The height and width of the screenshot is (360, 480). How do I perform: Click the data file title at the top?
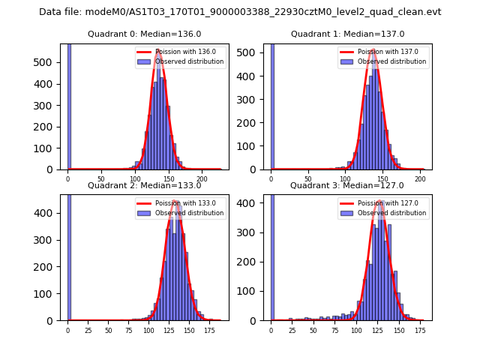240,12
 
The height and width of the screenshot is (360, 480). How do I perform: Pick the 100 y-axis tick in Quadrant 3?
253,291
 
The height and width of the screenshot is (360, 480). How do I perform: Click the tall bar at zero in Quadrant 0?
69,105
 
